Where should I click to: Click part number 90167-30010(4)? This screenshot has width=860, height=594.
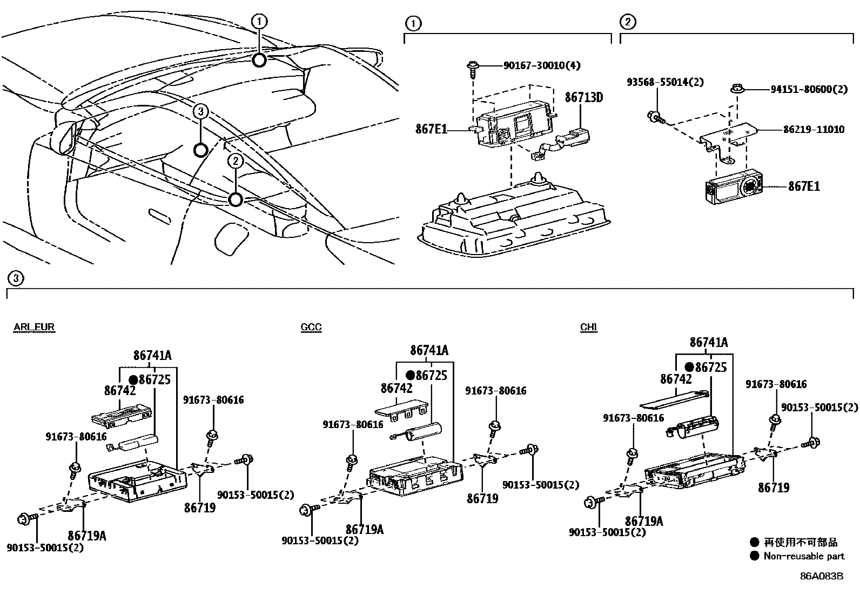pos(542,65)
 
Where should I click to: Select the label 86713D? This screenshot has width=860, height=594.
pos(583,97)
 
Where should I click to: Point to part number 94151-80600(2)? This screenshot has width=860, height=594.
pos(809,90)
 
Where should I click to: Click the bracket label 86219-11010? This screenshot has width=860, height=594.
pos(814,130)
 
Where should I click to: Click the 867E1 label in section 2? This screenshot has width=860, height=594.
pos(804,186)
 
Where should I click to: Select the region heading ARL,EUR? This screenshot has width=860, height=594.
pos(34,326)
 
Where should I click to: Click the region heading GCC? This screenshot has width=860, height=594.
pos(311,326)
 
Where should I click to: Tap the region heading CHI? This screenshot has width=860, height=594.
pos(589,326)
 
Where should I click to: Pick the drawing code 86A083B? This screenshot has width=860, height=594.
pos(822,576)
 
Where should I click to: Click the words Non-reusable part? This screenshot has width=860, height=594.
pos(804,556)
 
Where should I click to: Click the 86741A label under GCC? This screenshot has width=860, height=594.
pos(429,350)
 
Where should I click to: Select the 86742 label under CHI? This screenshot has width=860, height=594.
pos(676,379)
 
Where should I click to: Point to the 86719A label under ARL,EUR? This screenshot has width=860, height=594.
pos(86,535)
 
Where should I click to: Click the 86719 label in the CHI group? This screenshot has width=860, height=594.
pos(773,488)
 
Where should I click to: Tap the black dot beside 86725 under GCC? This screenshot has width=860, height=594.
pos(411,375)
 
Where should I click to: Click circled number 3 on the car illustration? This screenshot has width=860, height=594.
pos(200,112)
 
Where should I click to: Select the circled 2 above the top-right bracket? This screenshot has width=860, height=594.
pos(627,22)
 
